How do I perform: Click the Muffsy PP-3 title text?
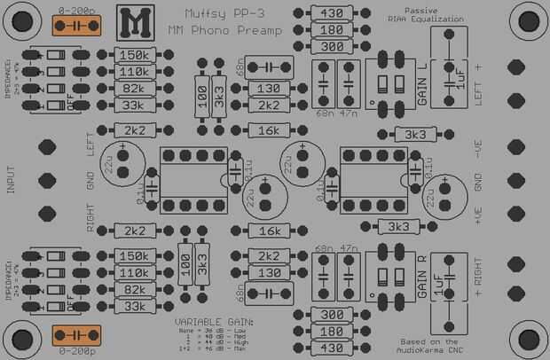click(x=223, y=13)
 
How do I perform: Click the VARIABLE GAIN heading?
click(x=214, y=320)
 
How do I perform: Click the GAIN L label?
click(x=421, y=85)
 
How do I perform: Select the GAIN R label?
click(x=421, y=275)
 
